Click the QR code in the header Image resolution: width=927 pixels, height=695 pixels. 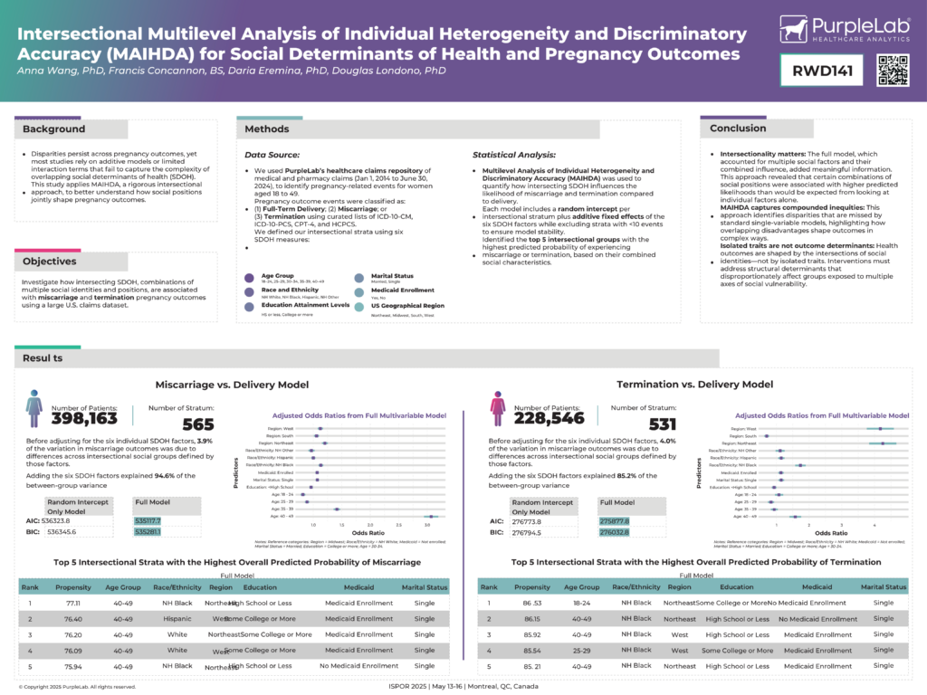tap(893, 71)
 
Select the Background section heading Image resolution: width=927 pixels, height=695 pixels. tap(54, 129)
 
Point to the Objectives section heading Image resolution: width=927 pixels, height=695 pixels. tap(50, 262)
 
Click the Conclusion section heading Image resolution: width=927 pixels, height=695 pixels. tap(738, 129)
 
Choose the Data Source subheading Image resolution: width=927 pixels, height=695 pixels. tap(273, 156)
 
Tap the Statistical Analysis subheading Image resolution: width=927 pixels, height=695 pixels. tap(514, 156)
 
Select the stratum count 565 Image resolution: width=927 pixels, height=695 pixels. tap(198, 424)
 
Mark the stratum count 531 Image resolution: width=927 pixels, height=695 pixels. tap(662, 424)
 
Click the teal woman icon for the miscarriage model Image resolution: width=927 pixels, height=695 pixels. tap(34, 408)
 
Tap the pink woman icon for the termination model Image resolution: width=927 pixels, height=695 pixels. tap(497, 408)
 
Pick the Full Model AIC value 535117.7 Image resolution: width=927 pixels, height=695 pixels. tap(148, 521)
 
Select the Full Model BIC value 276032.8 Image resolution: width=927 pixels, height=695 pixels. tap(614, 532)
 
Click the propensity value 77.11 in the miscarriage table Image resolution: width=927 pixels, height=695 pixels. tap(73, 603)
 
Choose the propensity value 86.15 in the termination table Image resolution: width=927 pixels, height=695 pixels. tap(537, 619)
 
